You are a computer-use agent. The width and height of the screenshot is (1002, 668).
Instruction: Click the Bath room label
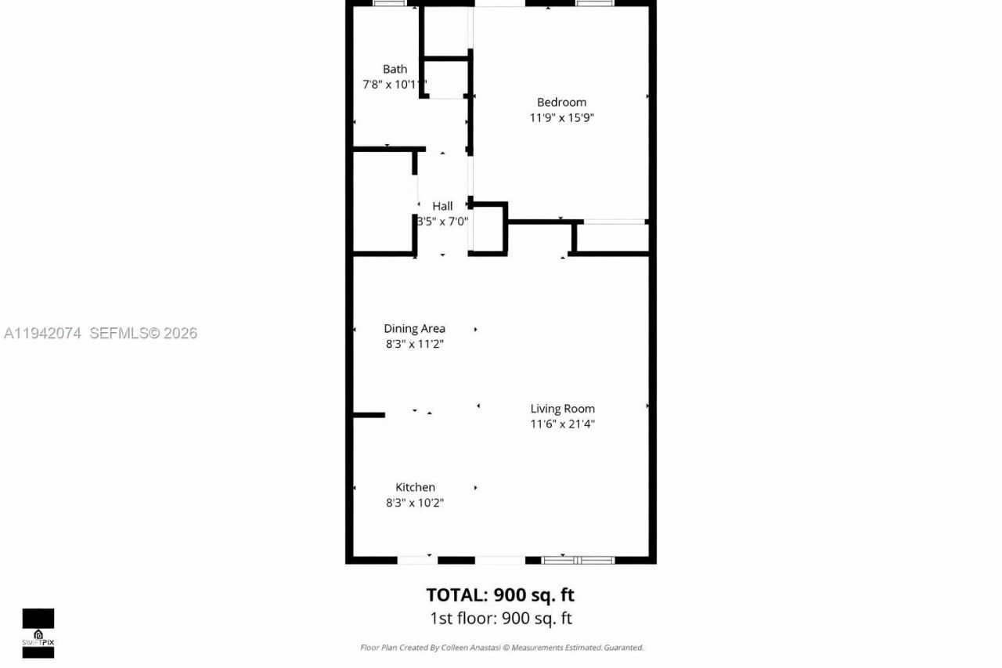(x=395, y=69)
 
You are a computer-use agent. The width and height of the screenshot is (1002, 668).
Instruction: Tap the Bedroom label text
(x=561, y=102)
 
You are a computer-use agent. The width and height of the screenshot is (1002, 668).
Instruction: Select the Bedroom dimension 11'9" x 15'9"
(x=561, y=117)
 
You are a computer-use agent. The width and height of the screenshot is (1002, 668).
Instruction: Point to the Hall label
(x=442, y=206)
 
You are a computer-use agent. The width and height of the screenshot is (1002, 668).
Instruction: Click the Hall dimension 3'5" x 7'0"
(x=443, y=222)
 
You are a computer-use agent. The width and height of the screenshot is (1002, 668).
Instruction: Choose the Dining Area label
(x=414, y=329)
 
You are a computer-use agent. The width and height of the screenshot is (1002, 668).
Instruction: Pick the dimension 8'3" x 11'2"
(x=414, y=345)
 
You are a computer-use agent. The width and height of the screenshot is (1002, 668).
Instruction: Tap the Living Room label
(x=562, y=409)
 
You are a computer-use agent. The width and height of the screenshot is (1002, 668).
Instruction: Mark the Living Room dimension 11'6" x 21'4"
(x=562, y=424)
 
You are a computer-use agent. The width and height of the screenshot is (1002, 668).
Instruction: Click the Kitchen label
(x=415, y=487)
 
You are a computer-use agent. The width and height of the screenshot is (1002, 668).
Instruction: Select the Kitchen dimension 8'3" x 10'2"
(x=415, y=503)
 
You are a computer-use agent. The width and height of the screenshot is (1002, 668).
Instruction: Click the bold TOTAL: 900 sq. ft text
(x=500, y=594)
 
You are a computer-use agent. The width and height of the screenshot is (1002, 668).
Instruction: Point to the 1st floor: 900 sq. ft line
(x=501, y=619)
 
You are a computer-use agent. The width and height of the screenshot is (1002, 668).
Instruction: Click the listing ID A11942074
(x=43, y=334)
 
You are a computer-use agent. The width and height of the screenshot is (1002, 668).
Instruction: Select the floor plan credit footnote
(x=501, y=648)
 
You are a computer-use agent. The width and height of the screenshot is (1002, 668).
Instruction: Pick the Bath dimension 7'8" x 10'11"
(x=394, y=85)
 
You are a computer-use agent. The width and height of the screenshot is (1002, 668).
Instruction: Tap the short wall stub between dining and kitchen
(x=369, y=414)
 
